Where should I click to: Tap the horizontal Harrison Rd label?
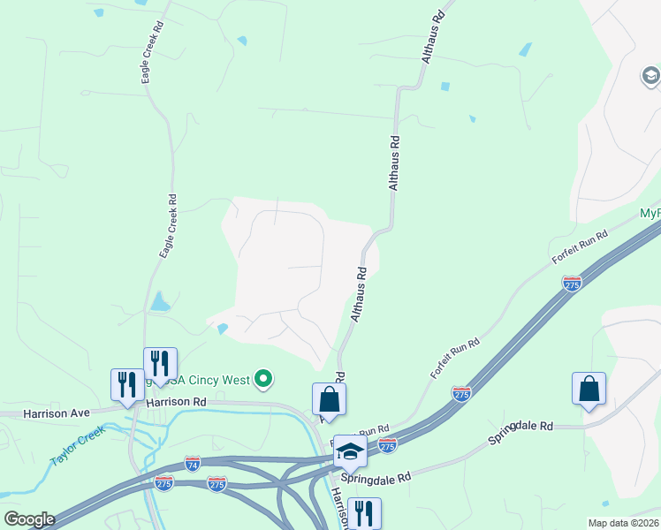176,401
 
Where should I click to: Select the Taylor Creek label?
78,446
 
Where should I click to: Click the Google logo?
28,519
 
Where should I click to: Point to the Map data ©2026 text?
624,523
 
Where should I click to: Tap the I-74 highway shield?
193,463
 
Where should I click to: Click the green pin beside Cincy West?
262,380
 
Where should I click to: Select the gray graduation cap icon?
650,76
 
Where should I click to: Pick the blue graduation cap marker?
350,451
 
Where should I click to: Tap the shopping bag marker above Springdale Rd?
589,389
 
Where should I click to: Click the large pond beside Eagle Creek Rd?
159,303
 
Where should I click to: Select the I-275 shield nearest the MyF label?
572,284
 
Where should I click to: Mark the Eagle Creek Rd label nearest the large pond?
168,226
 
